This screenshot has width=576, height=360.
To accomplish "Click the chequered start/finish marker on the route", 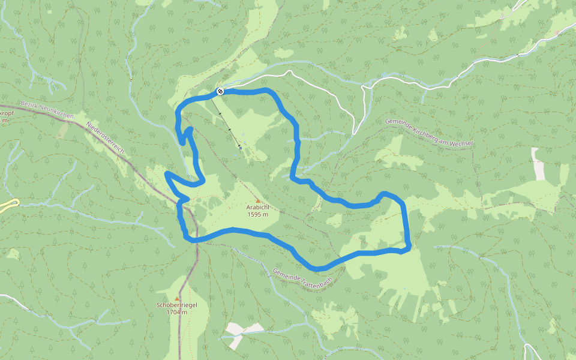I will (220, 91).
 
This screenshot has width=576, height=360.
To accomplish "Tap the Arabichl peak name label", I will (257, 207).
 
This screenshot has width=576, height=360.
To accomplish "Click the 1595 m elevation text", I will (257, 214).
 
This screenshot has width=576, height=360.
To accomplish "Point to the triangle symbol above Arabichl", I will (258, 200).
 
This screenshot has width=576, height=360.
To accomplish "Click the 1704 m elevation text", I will (177, 312).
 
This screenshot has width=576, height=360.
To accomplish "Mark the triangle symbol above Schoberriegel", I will (177, 298).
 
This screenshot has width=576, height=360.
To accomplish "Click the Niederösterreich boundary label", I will (109, 138).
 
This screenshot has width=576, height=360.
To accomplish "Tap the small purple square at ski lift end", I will (240, 148).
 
